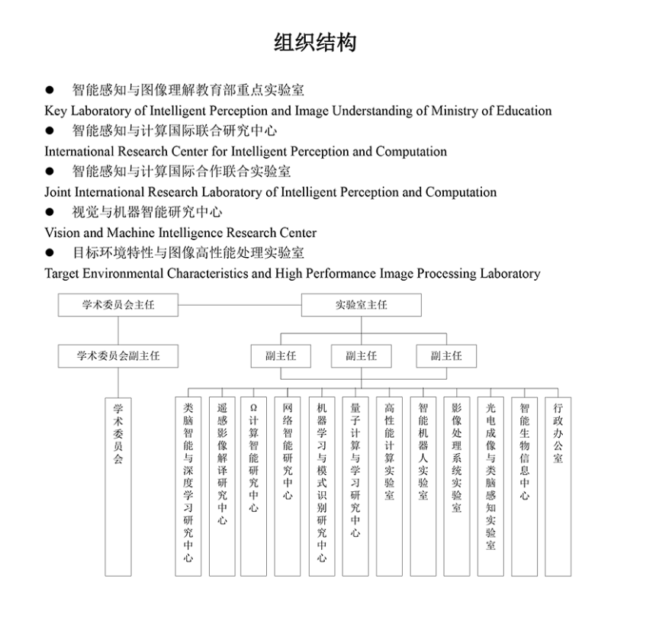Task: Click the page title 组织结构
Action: [x=315, y=42]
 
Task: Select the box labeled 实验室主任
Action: [x=361, y=304]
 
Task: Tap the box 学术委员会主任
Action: [x=118, y=304]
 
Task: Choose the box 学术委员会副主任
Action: [x=118, y=355]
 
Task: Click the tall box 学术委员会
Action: [x=118, y=486]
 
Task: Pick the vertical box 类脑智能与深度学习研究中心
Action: [x=188, y=486]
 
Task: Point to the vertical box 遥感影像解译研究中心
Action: [x=221, y=486]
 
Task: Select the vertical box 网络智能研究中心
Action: [x=288, y=486]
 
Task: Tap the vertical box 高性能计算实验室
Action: [x=389, y=486]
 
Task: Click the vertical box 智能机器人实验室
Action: [x=423, y=486]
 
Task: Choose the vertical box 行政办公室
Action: [x=558, y=486]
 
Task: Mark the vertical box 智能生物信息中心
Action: [x=524, y=486]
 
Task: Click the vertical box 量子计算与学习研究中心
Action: [x=355, y=486]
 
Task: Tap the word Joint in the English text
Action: [x=58, y=192]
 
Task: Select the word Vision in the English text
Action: [x=62, y=233]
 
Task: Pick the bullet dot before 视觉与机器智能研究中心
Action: [x=50, y=213]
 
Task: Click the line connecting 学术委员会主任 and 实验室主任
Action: [x=239, y=304]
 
